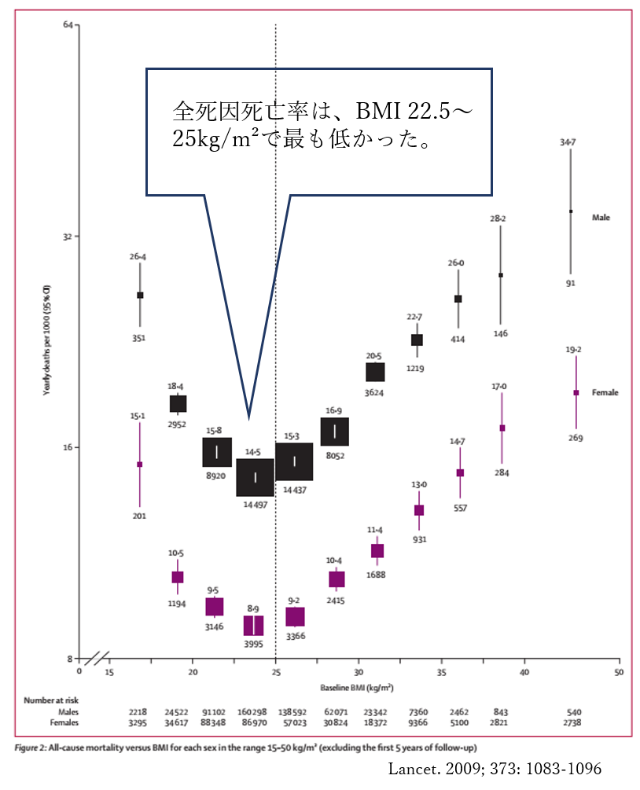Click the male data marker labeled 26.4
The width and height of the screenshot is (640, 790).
(140, 295)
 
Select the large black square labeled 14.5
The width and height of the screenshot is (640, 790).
(256, 477)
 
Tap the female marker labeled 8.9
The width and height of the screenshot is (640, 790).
(253, 626)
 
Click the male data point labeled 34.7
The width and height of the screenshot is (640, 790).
(571, 211)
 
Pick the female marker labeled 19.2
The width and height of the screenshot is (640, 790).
(576, 392)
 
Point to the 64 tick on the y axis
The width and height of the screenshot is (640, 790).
(68, 25)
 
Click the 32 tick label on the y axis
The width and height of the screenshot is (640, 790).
(68, 237)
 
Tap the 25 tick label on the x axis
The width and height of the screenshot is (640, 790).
(275, 672)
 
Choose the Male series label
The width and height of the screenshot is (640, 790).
(601, 218)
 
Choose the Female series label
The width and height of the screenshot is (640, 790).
(605, 392)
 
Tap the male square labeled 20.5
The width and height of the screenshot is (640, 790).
(375, 372)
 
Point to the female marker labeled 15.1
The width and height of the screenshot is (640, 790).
(140, 464)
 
